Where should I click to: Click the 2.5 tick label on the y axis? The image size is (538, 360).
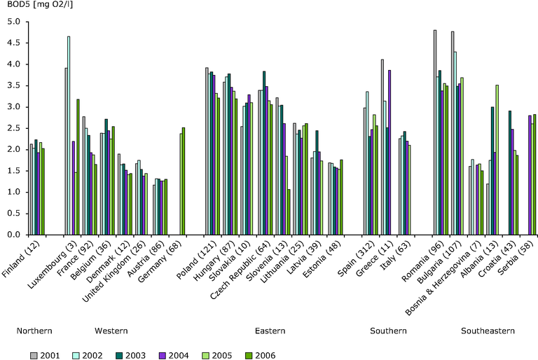tap(13, 128)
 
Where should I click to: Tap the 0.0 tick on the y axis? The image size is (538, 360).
tap(13, 235)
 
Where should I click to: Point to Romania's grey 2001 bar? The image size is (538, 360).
tap(434, 133)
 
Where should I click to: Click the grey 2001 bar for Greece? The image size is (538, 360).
tap(382, 147)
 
